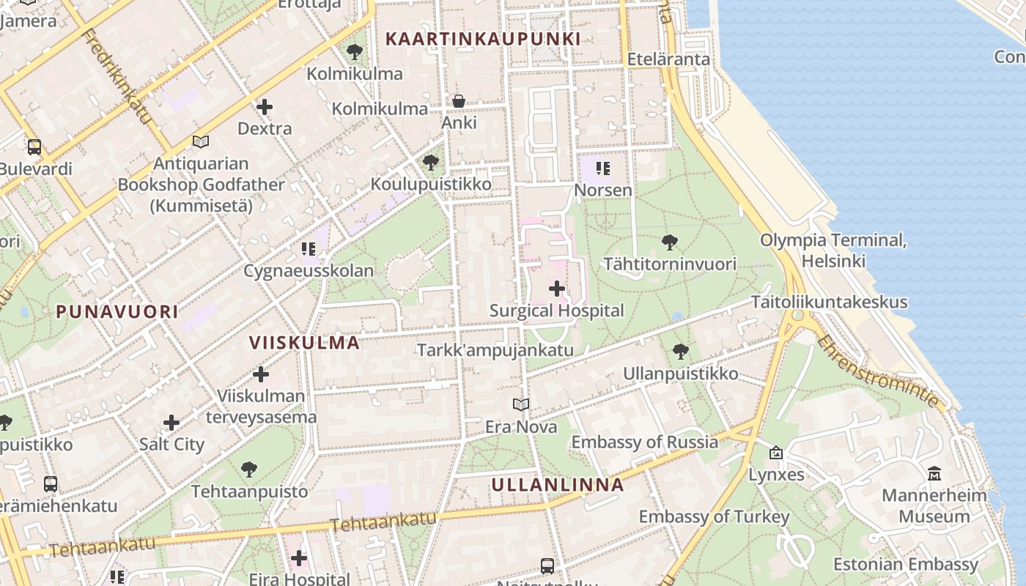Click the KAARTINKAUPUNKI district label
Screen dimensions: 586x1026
[x=483, y=39]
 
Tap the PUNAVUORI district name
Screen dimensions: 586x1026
[x=117, y=311]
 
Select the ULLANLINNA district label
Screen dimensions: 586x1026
[x=558, y=484]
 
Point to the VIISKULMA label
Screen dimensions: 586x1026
[x=304, y=342]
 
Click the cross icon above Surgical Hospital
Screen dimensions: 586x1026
[x=557, y=289]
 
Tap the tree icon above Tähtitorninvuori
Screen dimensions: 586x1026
[x=669, y=242]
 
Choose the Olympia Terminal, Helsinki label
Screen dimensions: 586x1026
[x=833, y=250]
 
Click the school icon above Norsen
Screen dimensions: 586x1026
[x=603, y=169]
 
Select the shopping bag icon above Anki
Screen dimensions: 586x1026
[x=459, y=101]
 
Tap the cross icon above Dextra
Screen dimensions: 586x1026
[x=265, y=107]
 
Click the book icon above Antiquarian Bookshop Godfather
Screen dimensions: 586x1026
[x=201, y=141]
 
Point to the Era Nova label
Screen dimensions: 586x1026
[x=521, y=426]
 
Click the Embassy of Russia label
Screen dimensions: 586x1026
[x=644, y=442]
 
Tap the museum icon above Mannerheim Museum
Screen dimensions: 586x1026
[x=934, y=474]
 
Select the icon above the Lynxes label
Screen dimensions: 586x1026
[x=776, y=453]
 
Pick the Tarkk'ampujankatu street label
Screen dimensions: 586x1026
[x=495, y=349]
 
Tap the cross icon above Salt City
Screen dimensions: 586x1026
[x=171, y=423]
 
